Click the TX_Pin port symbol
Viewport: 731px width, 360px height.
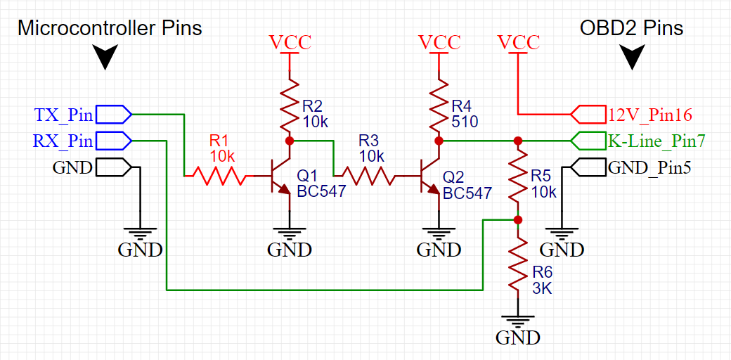tap(114, 114)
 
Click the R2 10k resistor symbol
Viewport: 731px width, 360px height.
tap(290, 105)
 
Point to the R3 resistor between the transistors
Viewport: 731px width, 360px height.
tap(368, 176)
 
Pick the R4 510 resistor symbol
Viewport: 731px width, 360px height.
tap(439, 105)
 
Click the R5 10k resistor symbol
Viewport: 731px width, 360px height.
tap(517, 179)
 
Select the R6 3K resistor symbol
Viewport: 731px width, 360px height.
tap(517, 263)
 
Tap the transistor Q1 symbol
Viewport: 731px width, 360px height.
tap(280, 176)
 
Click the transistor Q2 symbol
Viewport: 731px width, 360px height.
tap(430, 176)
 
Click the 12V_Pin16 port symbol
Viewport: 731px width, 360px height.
tap(589, 114)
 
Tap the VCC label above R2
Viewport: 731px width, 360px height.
tap(290, 42)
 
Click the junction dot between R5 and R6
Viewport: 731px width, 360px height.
tap(517, 219)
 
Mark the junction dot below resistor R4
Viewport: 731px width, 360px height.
tap(439, 141)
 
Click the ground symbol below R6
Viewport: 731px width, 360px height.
tap(517, 321)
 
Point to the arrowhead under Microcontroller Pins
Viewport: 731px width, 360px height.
tap(105, 58)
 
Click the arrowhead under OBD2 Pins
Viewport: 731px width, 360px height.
tap(633, 58)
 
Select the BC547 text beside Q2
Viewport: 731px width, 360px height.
tap(467, 193)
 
